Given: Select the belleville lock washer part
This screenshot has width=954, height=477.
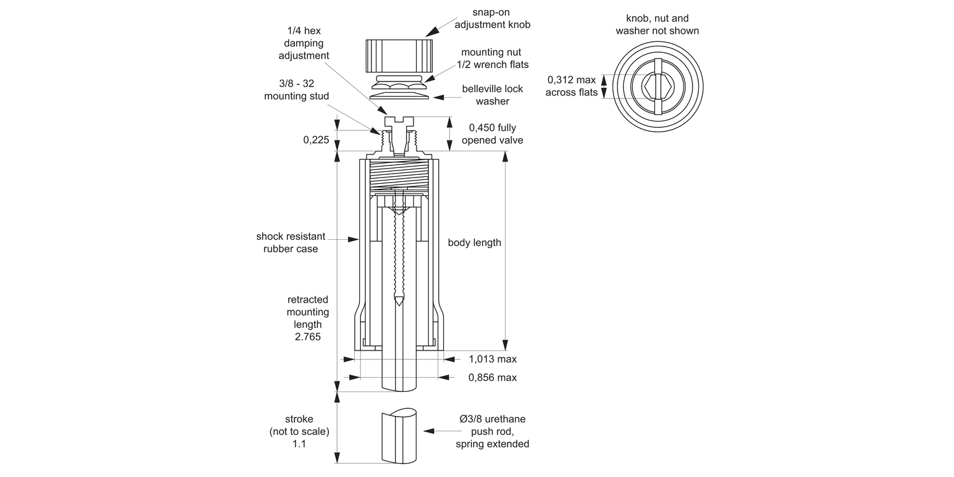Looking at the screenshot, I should (399, 93).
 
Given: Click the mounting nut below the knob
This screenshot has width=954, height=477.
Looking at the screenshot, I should (399, 81).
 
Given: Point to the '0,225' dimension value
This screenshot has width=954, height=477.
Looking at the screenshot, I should (317, 139).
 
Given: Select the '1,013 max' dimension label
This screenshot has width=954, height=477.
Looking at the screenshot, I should (492, 359).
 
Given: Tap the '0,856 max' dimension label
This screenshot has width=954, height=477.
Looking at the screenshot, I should (492, 378).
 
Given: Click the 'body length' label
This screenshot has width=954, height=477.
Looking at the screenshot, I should (474, 242).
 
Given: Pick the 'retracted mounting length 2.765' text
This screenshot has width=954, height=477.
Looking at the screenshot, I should (308, 318).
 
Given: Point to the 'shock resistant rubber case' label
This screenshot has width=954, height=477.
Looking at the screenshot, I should (291, 242).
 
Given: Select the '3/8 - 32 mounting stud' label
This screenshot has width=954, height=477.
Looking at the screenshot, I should (296, 90).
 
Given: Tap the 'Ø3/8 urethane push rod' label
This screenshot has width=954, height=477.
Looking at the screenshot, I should (492, 431).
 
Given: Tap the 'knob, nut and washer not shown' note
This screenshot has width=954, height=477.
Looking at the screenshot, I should (657, 24).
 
